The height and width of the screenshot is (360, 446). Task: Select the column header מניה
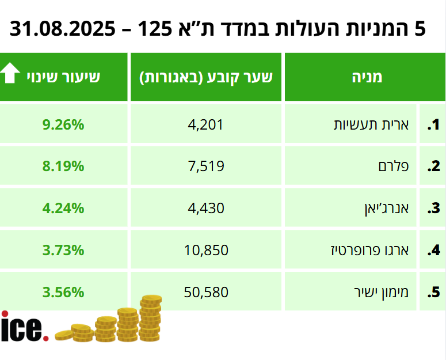coord(366,77)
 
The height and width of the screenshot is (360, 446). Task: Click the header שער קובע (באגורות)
coord(205,77)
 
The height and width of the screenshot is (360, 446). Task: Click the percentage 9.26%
coord(63,124)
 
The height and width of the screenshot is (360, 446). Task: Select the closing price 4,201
coord(205,124)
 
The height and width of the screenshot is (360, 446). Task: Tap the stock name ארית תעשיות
coord(372,124)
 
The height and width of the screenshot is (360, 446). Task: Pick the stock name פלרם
coord(394,166)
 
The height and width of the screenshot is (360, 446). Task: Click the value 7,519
coord(205,166)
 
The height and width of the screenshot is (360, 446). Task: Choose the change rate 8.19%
coord(63,166)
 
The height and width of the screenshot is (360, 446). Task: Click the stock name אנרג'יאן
coord(384,208)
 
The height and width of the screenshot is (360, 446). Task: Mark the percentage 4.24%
coord(63,208)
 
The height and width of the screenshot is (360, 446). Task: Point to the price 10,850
coord(206,250)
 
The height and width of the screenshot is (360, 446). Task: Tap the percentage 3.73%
coord(63,250)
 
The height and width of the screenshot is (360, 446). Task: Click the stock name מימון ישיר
coord(381,292)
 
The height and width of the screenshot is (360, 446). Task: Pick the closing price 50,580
coord(206,292)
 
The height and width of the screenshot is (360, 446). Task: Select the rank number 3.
coord(433,209)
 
